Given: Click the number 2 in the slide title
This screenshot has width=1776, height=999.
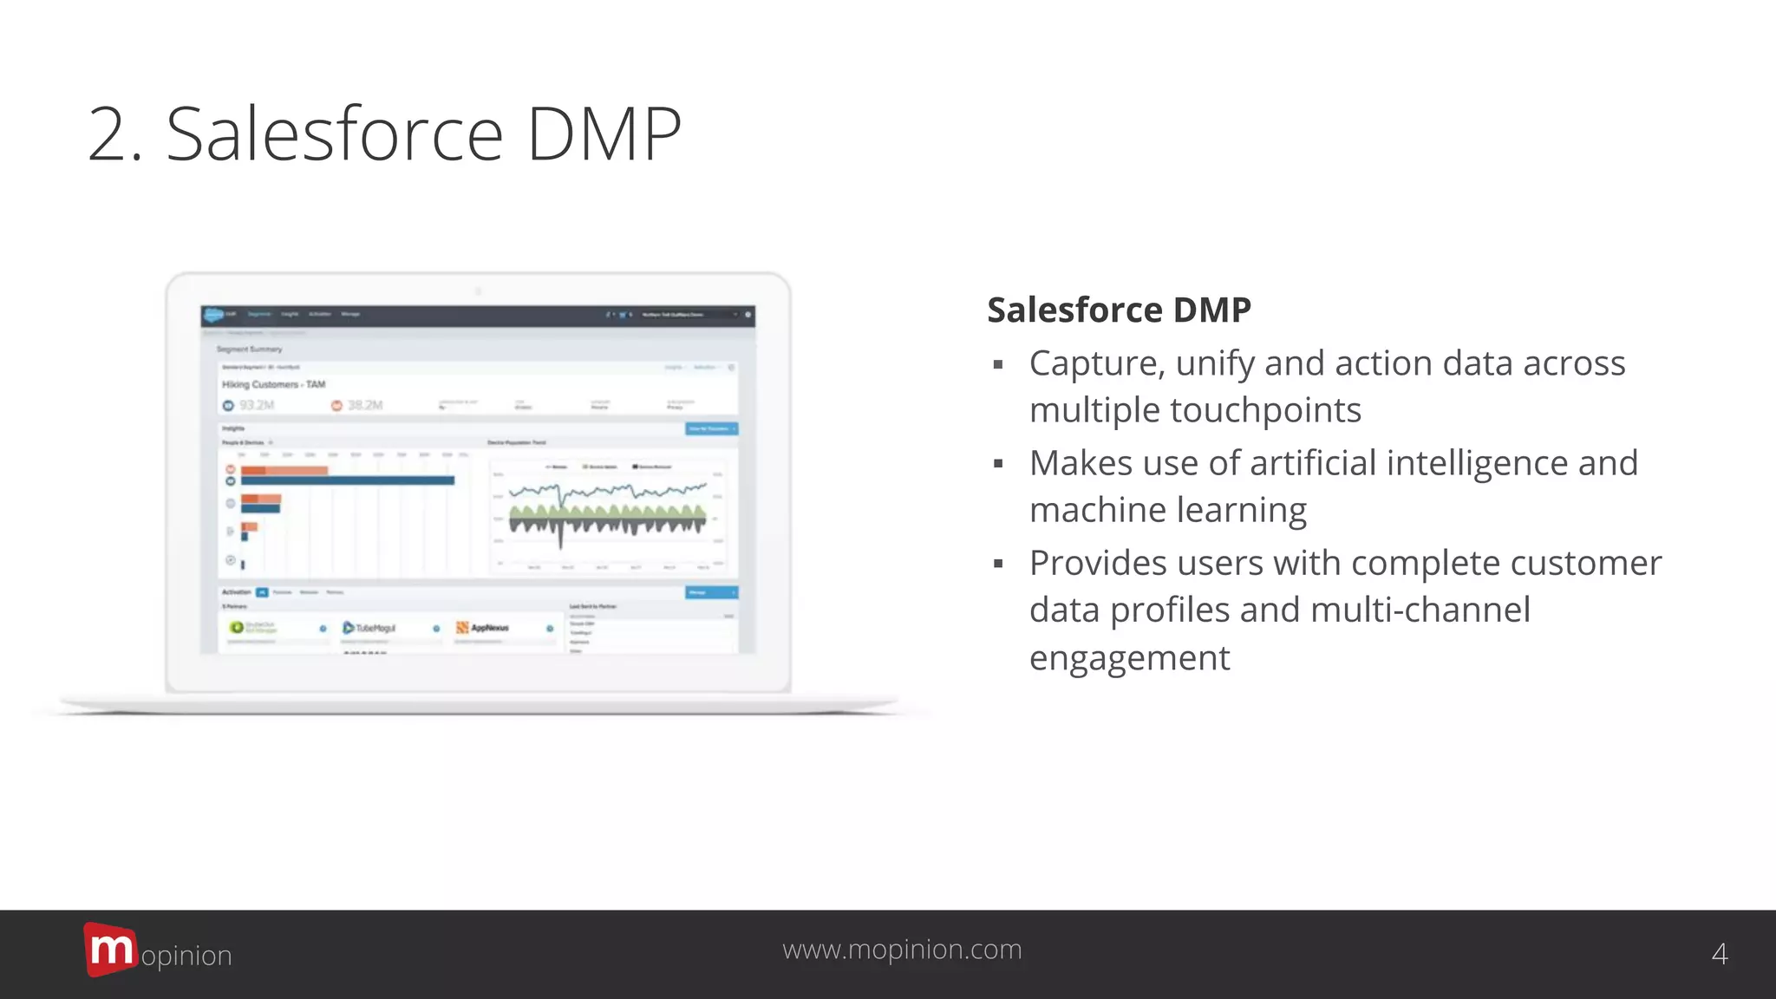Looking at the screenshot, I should [x=113, y=135].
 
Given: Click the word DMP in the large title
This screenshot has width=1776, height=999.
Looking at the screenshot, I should [x=604, y=135].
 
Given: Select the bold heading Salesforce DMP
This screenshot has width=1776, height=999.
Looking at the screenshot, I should [x=1119, y=310].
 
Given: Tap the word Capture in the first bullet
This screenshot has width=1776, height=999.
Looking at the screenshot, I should [x=1096, y=364].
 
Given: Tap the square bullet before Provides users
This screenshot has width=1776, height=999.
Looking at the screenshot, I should [x=998, y=565].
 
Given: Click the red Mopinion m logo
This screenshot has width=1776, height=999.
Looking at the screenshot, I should [x=110, y=950].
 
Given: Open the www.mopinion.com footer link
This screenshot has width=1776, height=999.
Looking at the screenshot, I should [x=902, y=950].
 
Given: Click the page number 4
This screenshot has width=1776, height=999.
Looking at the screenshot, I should [x=1720, y=955].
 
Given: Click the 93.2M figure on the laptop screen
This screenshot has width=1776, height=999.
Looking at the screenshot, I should [x=256, y=406].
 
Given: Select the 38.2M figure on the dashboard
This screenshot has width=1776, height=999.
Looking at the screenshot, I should [x=364, y=406].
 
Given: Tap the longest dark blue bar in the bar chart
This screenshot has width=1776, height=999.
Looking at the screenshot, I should [x=347, y=480].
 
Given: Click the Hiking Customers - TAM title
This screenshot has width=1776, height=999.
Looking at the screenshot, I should [x=273, y=384].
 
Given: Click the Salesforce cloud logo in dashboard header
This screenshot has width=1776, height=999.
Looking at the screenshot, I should [x=213, y=315].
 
